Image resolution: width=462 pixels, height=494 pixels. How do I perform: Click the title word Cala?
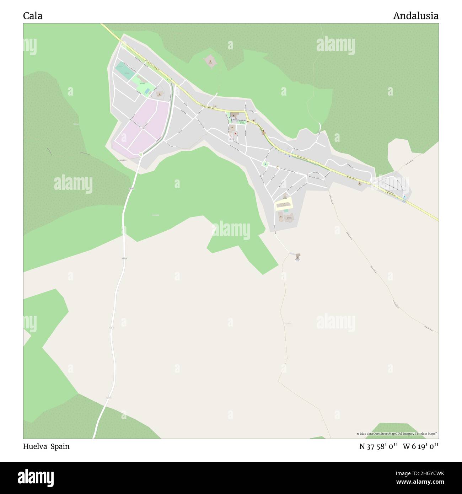pos(33,16)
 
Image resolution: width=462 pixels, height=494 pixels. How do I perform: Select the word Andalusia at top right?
pos(415,16)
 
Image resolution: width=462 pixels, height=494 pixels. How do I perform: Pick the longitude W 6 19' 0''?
pos(421,446)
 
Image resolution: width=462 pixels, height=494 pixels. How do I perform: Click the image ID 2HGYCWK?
pos(425,473)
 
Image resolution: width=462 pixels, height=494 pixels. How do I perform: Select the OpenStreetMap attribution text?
pos(397,434)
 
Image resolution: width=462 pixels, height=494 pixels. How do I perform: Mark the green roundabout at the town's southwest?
pos(141,154)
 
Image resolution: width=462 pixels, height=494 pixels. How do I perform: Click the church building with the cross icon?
pos(297,256)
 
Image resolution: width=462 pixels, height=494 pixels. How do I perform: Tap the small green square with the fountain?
pos(265,164)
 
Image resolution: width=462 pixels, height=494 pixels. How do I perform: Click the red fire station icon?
pos(235,134)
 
